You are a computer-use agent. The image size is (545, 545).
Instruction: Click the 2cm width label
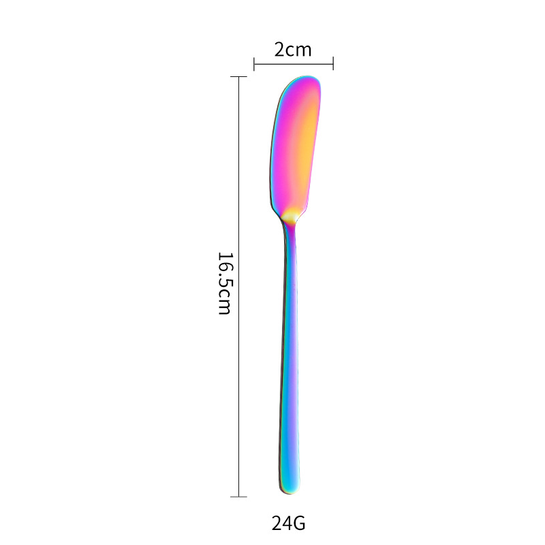(293, 50)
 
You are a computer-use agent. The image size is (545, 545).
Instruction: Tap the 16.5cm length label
(225, 283)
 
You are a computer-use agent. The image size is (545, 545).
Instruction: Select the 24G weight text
(288, 524)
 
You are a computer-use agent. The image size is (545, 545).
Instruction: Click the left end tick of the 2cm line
(254, 64)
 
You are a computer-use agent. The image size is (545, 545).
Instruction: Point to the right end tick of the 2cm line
(333, 64)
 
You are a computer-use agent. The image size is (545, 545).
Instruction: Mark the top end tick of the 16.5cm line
(238, 77)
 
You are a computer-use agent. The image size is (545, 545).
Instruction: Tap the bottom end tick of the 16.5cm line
(238, 497)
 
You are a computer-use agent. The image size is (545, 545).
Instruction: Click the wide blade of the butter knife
(296, 146)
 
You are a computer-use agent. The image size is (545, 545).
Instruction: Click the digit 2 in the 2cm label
(279, 50)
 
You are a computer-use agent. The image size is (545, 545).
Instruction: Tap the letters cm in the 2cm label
(299, 50)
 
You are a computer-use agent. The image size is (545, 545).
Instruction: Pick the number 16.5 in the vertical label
(225, 270)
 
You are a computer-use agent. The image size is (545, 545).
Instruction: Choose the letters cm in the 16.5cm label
(225, 303)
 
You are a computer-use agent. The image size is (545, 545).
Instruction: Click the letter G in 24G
(298, 524)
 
